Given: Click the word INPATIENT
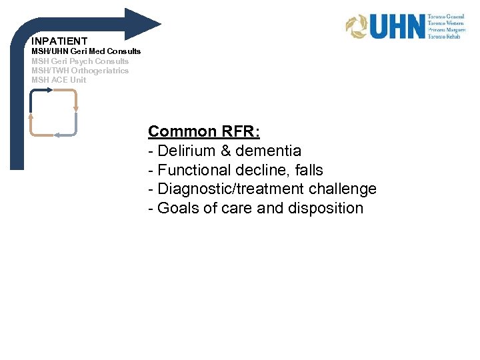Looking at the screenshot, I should pos(59,41).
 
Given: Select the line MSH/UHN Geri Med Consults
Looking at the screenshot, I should pos(86,51).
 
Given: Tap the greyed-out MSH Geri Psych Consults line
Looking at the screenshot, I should pos(80,61).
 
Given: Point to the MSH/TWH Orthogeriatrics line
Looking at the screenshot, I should pos(80,70).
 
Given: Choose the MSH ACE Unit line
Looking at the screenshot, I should pos(59,80).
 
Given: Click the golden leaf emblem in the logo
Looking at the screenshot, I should pos(356,27).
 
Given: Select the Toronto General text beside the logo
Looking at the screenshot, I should pos(447,15).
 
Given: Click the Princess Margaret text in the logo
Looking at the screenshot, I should pos(447,30).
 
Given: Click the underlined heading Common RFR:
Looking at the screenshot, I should pos(204,131).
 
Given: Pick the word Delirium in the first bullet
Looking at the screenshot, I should pos(185,151).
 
